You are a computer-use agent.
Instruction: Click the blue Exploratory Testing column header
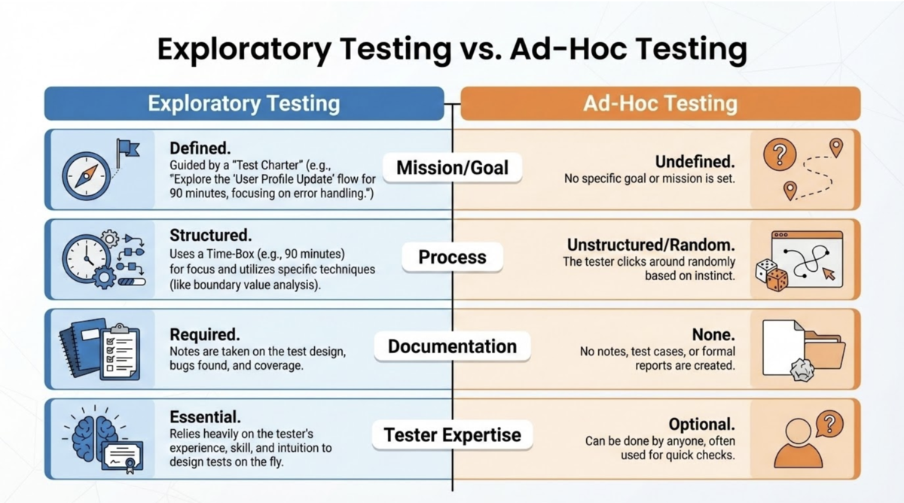click(243, 103)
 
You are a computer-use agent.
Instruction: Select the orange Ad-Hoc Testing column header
click(660, 103)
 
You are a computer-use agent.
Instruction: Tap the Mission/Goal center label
click(452, 168)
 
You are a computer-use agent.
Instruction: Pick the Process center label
click(452, 258)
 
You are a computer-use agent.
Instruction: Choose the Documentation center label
click(452, 346)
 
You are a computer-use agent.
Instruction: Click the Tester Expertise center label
click(452, 434)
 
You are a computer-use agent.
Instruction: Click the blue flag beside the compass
click(127, 150)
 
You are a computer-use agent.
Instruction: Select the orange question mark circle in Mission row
click(780, 156)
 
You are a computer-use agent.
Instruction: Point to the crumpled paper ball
click(802, 369)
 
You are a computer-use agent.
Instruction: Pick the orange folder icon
click(824, 349)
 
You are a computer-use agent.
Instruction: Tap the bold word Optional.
click(701, 424)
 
